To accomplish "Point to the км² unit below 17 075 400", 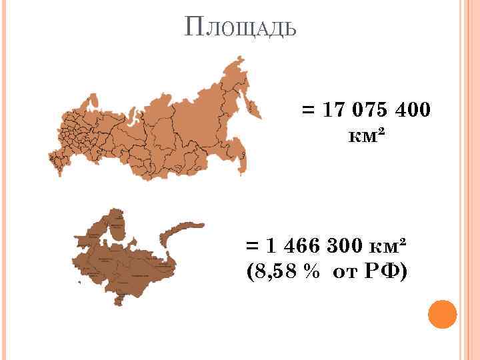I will [366, 136].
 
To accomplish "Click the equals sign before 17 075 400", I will [309, 110].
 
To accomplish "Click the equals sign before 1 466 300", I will [253, 246].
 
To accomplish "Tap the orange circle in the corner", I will [441, 315].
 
